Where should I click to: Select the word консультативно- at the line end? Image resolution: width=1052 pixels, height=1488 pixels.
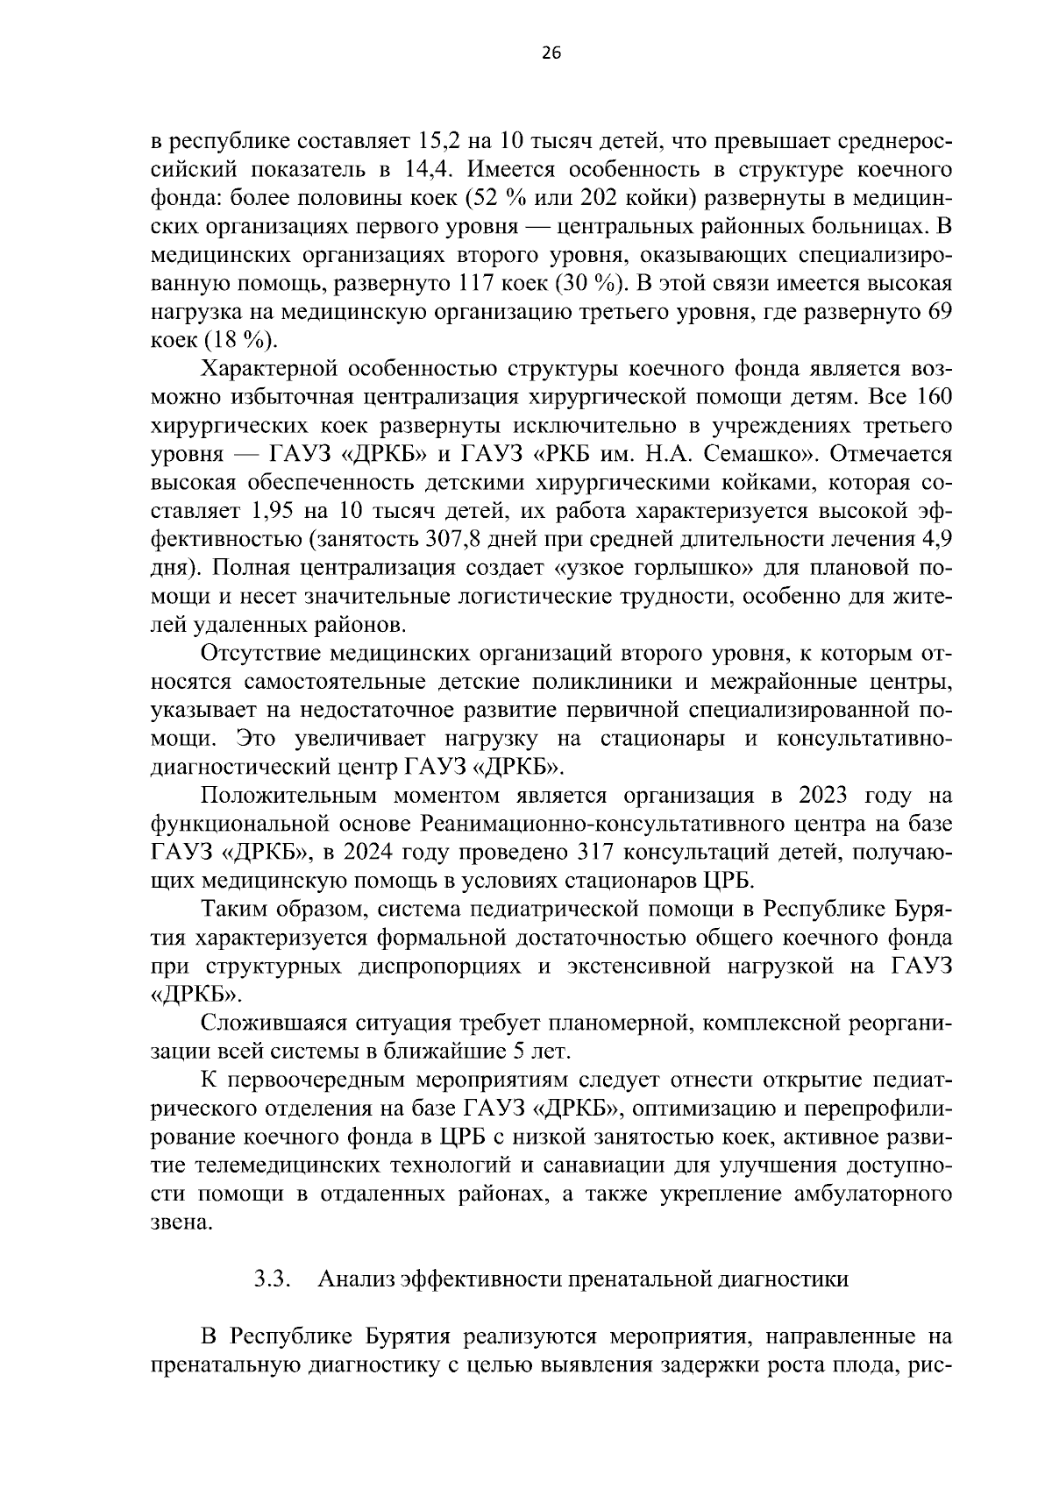point(864,740)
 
